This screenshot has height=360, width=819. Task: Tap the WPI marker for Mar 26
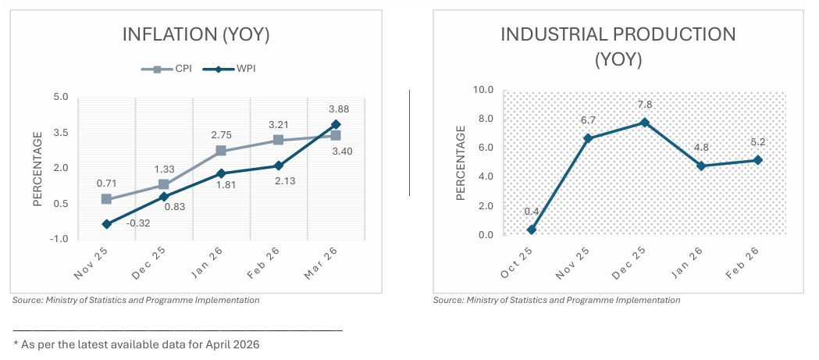tap(336, 124)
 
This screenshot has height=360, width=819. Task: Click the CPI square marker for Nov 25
tap(106, 199)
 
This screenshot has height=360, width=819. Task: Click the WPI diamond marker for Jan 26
tap(221, 173)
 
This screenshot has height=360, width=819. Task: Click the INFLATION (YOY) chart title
tap(197, 34)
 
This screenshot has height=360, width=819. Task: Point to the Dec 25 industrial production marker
tap(645, 123)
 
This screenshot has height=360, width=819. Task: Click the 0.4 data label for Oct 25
tap(532, 212)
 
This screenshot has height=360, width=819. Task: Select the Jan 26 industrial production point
tap(701, 166)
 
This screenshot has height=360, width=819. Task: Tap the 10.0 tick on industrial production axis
tap(484, 90)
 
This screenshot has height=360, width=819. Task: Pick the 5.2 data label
tap(757, 143)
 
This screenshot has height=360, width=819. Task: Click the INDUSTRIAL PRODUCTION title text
tap(618, 34)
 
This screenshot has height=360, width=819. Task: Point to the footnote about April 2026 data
tap(136, 344)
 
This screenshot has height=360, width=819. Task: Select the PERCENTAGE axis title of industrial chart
tap(461, 163)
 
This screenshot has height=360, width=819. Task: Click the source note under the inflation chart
tap(136, 300)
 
